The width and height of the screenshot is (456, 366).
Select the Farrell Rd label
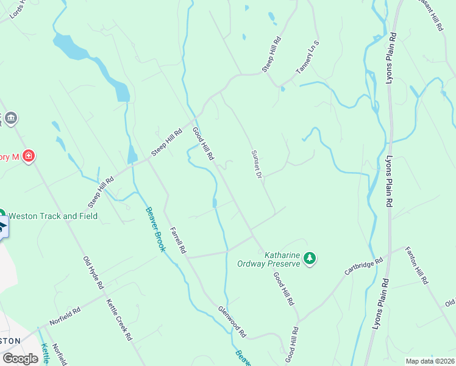click(x=178, y=240)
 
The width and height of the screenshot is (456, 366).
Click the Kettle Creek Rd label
click(x=119, y=319)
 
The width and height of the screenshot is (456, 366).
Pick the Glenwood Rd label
click(x=232, y=321)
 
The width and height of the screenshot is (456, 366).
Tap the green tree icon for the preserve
click(x=310, y=259)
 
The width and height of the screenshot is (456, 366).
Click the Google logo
click(x=20, y=359)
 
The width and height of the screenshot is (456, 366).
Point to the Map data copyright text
click(x=430, y=361)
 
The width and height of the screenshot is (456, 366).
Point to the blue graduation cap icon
click(x=2, y=227)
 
